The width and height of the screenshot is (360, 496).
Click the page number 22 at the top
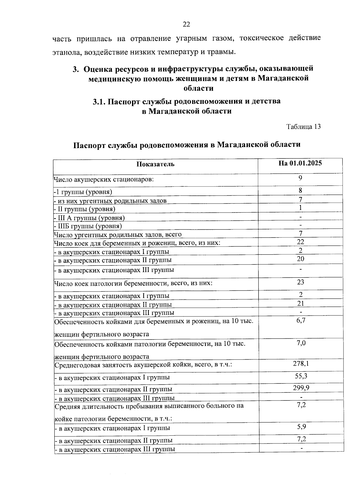[186, 25]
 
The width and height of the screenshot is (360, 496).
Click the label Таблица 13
[303, 127]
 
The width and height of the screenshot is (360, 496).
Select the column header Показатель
[155, 164]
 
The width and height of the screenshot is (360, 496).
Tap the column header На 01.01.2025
[300, 163]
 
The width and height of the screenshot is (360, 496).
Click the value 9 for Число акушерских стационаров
[300, 178]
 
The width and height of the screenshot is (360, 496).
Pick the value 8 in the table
[300, 190]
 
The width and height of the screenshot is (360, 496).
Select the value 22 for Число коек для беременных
[300, 242]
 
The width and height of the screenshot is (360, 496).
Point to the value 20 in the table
[300, 259]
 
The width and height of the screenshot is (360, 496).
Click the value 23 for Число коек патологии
[300, 282]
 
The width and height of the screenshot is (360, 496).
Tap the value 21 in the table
[300, 303]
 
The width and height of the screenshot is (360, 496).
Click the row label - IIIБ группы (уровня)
[88, 226]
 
